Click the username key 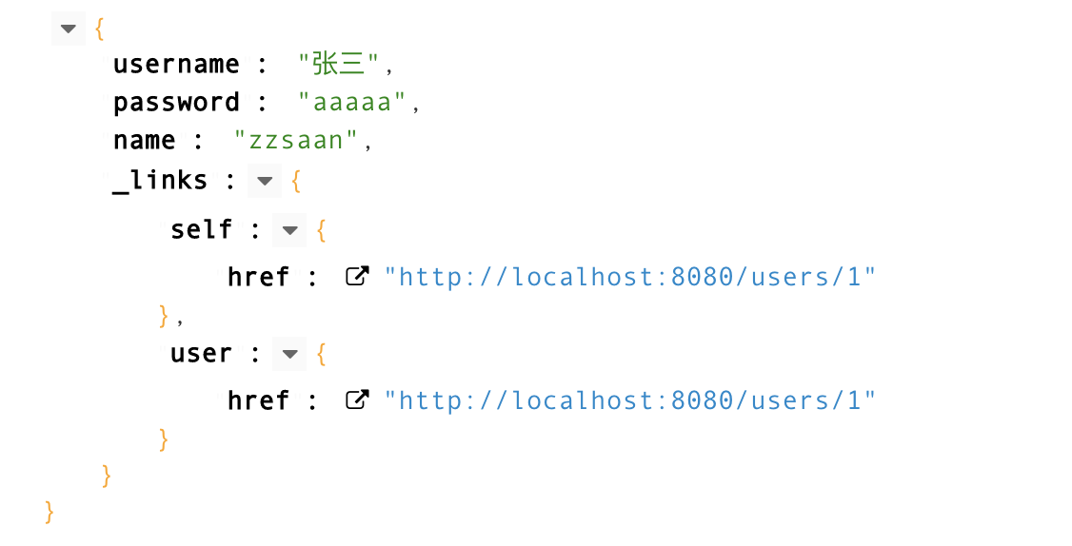[176, 65]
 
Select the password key [176, 103]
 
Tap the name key [145, 141]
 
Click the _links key [160, 180]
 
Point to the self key [201, 229]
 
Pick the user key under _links [201, 354]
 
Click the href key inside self [258, 277]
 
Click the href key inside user [258, 400]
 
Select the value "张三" [339, 65]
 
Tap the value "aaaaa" [353, 103]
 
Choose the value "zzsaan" [295, 141]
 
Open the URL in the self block [629, 277]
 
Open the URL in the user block [629, 400]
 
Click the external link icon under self [357, 277]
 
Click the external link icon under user [357, 400]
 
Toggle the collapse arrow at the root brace [68, 29]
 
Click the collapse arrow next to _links [265, 181]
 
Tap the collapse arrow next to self [289, 230]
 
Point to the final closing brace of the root [50, 513]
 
